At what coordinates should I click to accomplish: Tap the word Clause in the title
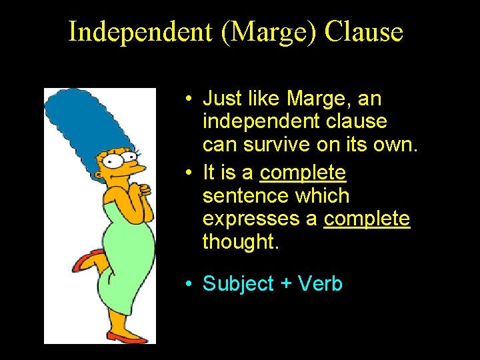point(364,32)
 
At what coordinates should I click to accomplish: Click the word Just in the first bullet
point(218,99)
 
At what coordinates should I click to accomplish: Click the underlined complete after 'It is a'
point(303,173)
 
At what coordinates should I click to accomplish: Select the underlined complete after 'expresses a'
point(367,219)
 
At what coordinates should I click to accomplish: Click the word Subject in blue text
point(238,283)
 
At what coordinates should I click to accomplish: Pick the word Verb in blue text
point(320,283)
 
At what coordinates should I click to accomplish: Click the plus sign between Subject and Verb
point(286,284)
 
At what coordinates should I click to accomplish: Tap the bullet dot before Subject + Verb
point(190,284)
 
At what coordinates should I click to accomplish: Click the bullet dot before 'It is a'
point(190,173)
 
